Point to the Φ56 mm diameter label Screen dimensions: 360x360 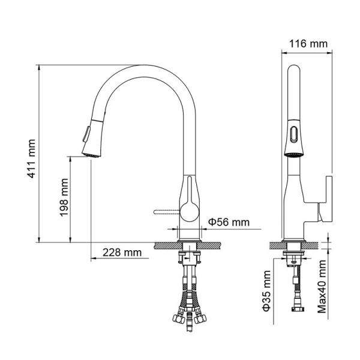pyautogui.click(x=229, y=222)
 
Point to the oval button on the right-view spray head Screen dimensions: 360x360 pyautogui.click(x=292, y=133)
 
